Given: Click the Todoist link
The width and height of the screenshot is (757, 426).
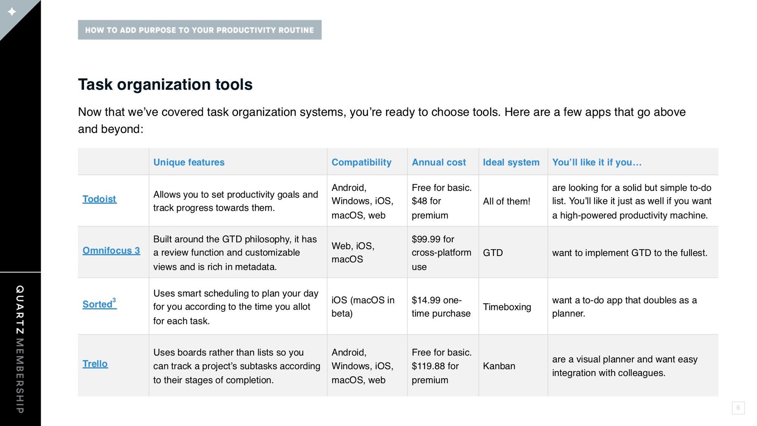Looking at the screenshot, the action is point(99,199).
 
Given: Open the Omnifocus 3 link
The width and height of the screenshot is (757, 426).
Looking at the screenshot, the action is point(111,251).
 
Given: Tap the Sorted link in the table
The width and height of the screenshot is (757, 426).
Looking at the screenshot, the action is point(99,304).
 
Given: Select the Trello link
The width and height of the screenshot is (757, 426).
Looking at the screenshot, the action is point(95,364).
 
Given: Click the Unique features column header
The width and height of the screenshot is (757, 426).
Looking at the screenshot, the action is point(189,162).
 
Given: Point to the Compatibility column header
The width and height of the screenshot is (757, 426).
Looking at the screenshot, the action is point(362,162).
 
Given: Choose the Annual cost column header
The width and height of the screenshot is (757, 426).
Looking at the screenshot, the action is point(439,162).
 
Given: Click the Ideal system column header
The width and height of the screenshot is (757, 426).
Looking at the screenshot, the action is point(511,162).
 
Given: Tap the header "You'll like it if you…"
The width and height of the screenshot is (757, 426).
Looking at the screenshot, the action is point(597,162).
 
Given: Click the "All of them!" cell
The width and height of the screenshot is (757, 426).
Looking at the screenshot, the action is point(507,201).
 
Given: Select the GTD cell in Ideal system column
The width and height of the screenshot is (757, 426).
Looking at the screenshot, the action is point(493,252).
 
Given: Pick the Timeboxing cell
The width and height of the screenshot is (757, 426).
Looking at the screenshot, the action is point(507,307).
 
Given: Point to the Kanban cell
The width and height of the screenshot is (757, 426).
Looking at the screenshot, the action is point(499,366).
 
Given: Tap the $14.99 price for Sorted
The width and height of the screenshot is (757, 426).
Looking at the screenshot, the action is point(426,300).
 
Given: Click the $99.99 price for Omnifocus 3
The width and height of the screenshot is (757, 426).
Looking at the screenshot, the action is point(426,239).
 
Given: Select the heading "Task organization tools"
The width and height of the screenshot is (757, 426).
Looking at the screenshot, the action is point(165,84).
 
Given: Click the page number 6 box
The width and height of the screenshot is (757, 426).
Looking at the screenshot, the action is point(738,408).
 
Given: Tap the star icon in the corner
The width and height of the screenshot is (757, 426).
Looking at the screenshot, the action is point(12,12).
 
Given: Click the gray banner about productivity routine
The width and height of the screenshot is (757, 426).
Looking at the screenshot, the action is point(200,30).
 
